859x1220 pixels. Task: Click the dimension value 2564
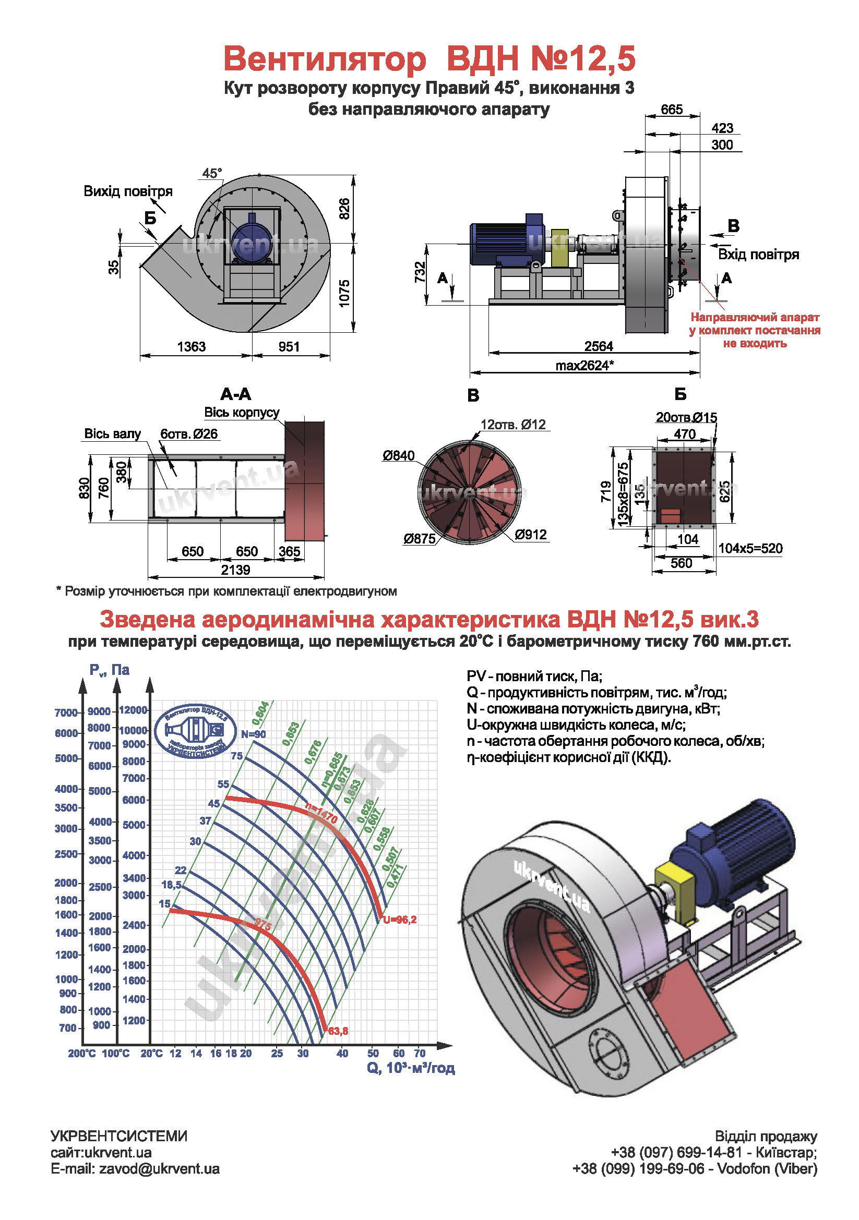(598, 346)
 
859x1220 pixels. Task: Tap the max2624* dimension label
(584, 366)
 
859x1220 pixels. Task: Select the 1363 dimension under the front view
(191, 346)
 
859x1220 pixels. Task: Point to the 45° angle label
(211, 173)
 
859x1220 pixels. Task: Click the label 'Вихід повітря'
(127, 191)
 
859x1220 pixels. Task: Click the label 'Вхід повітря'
(758, 255)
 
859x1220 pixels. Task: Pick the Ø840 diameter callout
(398, 455)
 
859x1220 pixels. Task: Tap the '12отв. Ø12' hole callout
(512, 425)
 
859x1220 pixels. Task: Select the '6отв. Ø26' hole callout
(189, 434)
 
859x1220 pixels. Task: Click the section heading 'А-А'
(235, 394)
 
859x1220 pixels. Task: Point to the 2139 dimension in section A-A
(235, 570)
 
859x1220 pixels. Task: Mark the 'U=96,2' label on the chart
(400, 919)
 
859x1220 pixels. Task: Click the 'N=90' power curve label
(253, 734)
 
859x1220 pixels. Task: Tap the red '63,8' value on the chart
(338, 1031)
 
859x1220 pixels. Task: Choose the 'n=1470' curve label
(321, 814)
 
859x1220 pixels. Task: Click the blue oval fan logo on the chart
(195, 731)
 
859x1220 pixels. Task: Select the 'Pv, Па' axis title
(109, 670)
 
